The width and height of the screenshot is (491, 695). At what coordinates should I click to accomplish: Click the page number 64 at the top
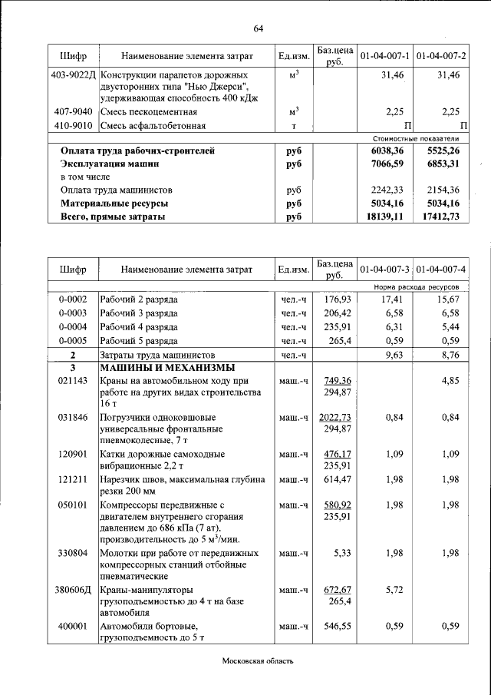point(258,29)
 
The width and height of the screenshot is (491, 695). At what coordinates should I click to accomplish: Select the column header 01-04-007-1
point(385,56)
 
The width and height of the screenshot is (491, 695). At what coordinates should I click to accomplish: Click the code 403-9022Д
point(73,75)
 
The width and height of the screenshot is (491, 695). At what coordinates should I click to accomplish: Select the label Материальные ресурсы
point(114,204)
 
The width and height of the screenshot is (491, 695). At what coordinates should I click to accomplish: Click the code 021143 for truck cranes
point(73,381)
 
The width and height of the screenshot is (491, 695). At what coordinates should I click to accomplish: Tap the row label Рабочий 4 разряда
point(139,326)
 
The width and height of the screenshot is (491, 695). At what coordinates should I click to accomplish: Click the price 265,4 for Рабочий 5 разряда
point(338,340)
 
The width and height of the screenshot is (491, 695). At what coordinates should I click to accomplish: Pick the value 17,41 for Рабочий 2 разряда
point(392,299)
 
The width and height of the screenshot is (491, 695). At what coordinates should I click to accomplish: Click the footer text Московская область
point(258,661)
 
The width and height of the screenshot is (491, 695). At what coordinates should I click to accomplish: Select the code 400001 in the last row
point(73,627)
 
